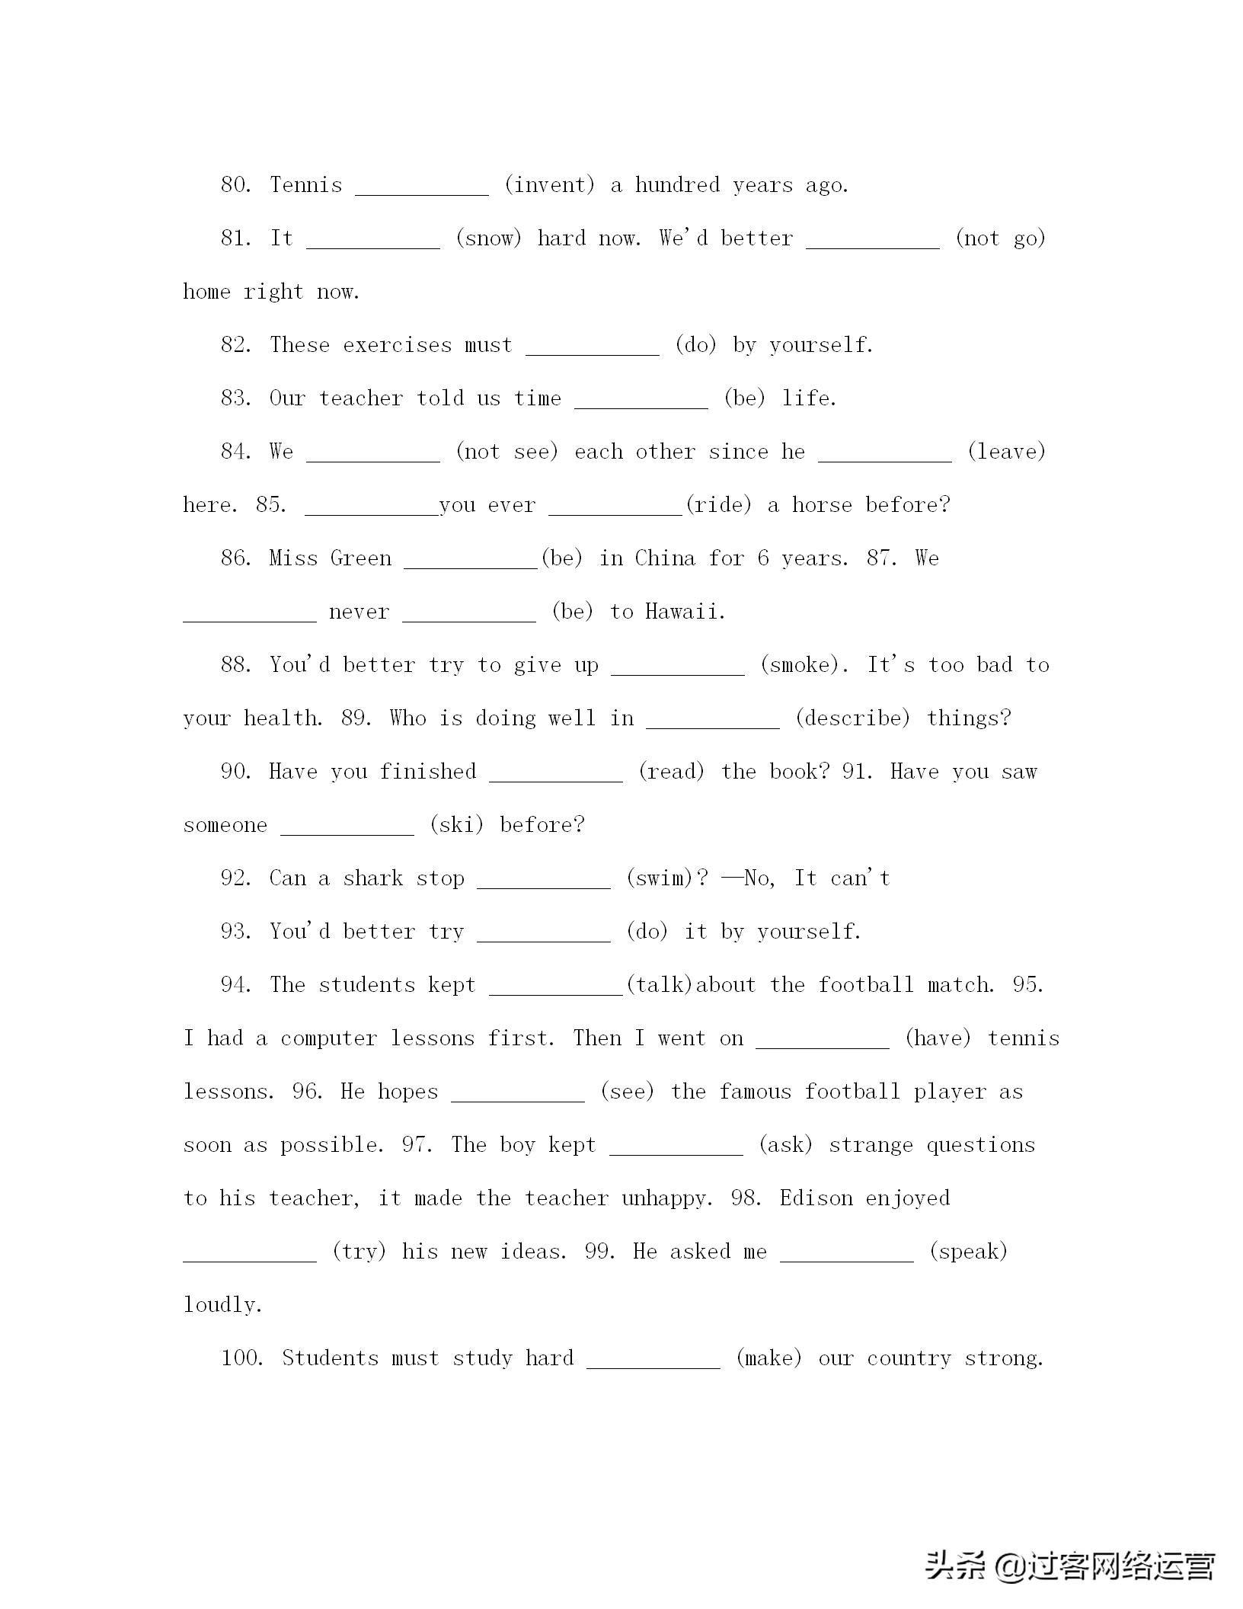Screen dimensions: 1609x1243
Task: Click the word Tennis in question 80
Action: [x=306, y=185]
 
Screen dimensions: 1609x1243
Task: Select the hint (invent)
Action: [x=549, y=185]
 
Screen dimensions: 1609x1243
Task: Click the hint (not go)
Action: [x=1000, y=238]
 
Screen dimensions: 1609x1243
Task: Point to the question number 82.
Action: [x=235, y=345]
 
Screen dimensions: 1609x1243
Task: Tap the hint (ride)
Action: [x=718, y=505]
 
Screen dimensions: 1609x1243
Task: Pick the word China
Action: [x=665, y=558]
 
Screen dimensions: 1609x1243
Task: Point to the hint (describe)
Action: [x=852, y=718]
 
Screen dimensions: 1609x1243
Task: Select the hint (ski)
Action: [x=456, y=825]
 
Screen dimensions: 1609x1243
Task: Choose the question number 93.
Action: [x=235, y=932]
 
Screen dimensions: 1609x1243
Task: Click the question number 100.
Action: [x=241, y=1358]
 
